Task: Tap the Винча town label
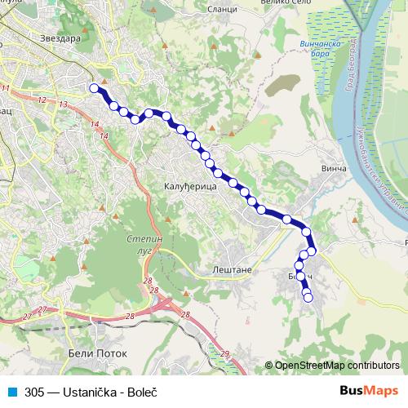[335, 169]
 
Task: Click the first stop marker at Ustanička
[94, 88]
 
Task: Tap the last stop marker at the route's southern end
[308, 298]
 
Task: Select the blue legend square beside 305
[11, 392]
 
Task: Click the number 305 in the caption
[34, 392]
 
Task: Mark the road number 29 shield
[224, 353]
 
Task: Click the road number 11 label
[6, 88]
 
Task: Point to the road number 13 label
[63, 104]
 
